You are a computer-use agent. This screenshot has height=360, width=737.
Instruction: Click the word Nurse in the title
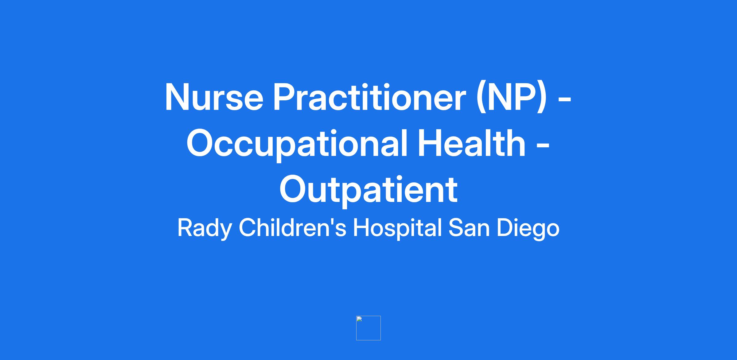tap(214, 97)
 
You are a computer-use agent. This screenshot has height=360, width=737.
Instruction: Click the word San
tap(469, 228)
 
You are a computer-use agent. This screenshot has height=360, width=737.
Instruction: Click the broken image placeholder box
tap(368, 328)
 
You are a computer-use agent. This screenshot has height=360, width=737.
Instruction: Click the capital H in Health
tap(429, 143)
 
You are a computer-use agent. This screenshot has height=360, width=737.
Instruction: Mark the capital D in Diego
tap(506, 228)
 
